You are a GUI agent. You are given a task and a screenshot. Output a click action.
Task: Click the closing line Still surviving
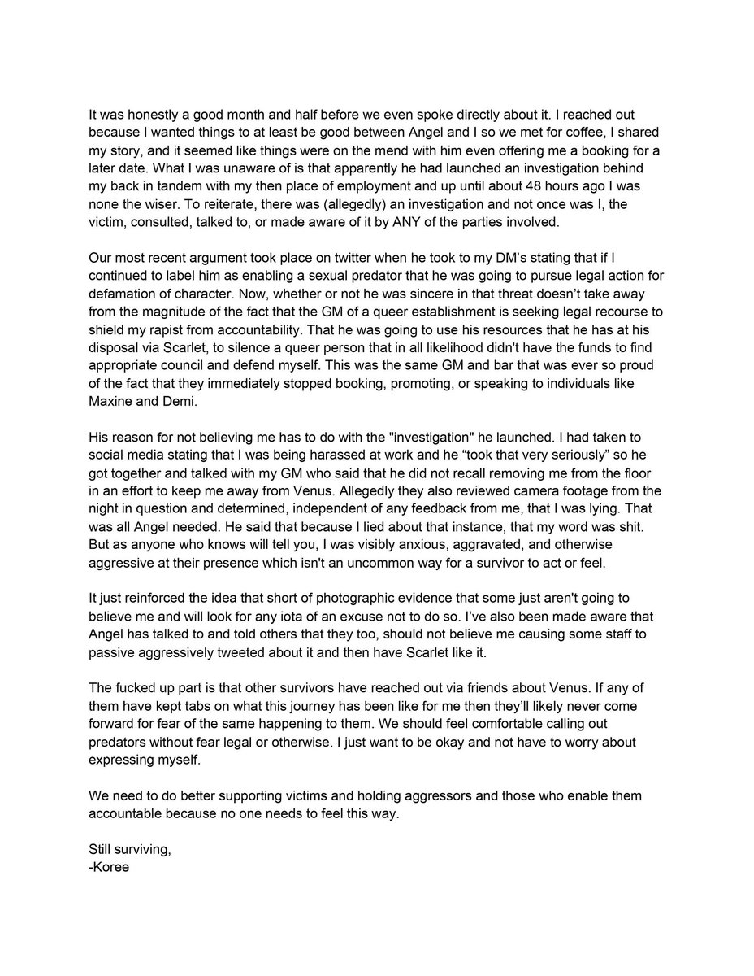click(x=130, y=850)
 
